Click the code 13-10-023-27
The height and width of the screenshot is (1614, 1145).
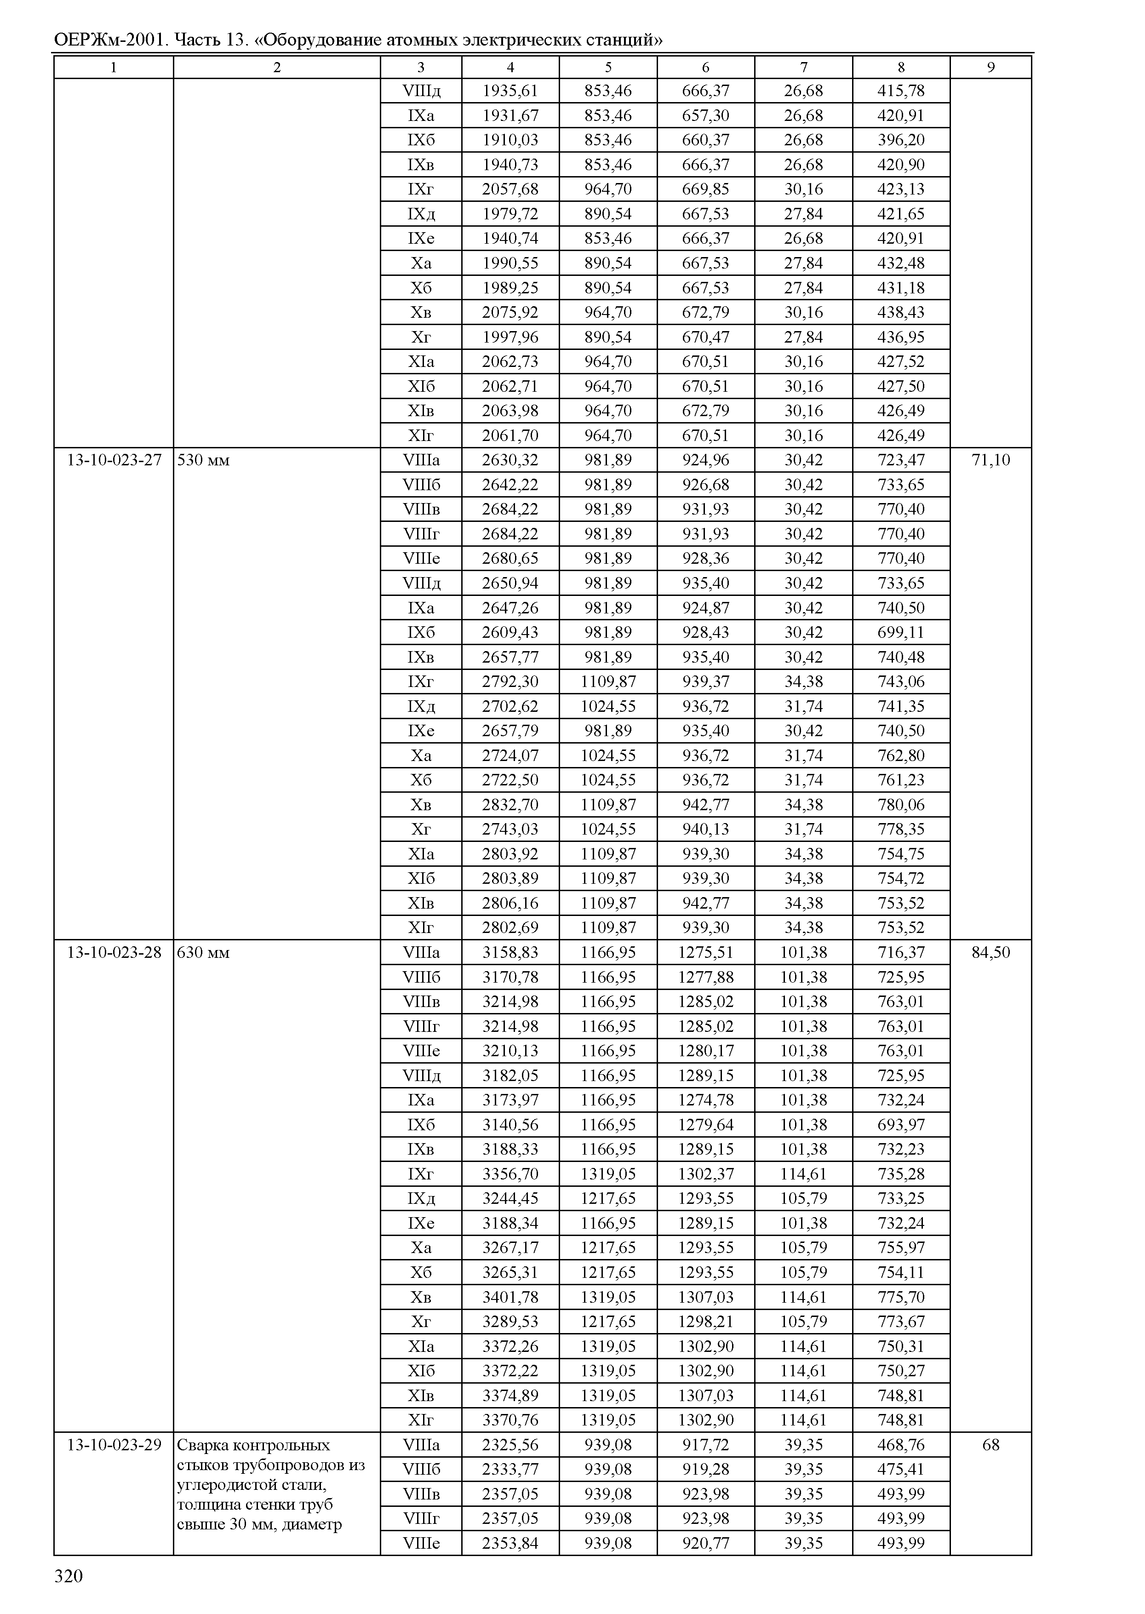click(114, 460)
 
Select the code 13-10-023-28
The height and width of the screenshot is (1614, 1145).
click(114, 953)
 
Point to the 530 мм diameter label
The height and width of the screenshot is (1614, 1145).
click(203, 460)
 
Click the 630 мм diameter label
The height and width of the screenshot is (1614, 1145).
click(203, 953)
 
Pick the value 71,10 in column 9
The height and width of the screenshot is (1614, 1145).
click(990, 460)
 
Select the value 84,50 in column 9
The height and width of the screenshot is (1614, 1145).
click(990, 953)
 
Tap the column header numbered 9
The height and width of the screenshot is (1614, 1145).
click(990, 67)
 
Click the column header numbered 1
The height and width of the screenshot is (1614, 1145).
click(114, 67)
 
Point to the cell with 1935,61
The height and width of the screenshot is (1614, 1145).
click(510, 91)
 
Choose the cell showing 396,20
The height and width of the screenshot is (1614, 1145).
click(901, 140)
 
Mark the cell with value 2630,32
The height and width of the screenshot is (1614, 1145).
click(510, 460)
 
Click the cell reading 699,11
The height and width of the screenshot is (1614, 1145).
click(901, 632)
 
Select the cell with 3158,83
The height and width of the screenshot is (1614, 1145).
click(510, 953)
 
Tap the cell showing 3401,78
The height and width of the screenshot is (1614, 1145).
click(510, 1297)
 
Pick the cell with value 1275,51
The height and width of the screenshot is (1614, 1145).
click(706, 953)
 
